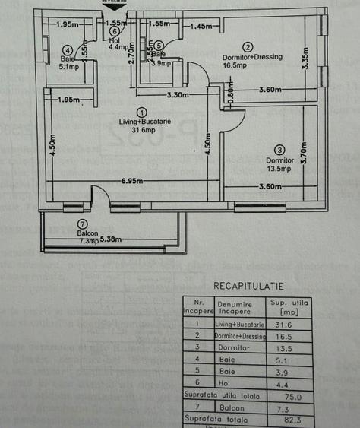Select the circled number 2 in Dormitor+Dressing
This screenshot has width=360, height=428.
(248, 46)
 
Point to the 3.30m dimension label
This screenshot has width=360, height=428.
(178, 95)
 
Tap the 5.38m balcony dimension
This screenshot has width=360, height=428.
(106, 241)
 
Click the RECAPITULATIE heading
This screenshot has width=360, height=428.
(248, 287)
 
